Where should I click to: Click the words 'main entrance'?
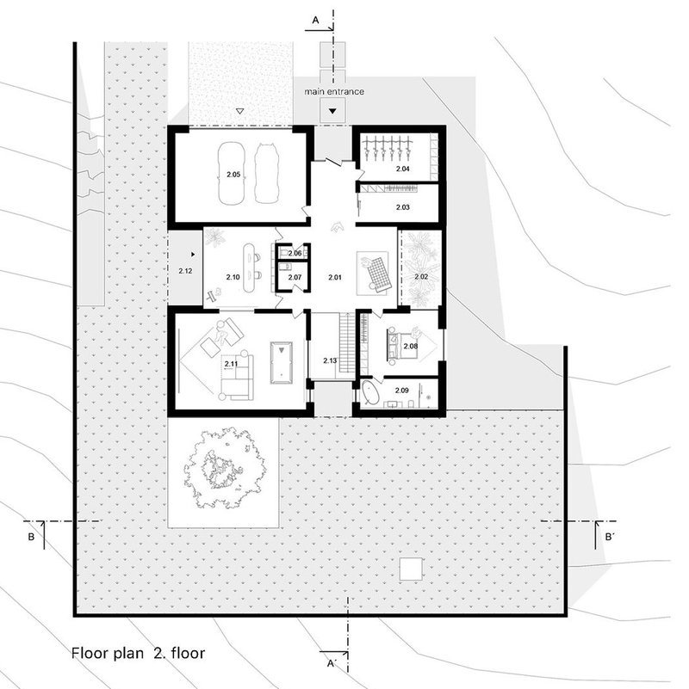(334, 91)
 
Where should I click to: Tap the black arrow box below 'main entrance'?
(332, 109)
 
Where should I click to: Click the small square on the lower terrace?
(412, 569)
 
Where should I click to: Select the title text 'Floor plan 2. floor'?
(139, 651)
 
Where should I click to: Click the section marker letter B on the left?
(30, 538)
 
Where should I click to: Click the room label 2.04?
(403, 169)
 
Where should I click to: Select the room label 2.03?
(403, 207)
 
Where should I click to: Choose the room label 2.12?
(184, 272)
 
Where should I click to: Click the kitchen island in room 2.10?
(253, 266)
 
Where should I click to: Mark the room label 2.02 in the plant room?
(420, 277)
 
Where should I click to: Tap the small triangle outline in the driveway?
(240, 111)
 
